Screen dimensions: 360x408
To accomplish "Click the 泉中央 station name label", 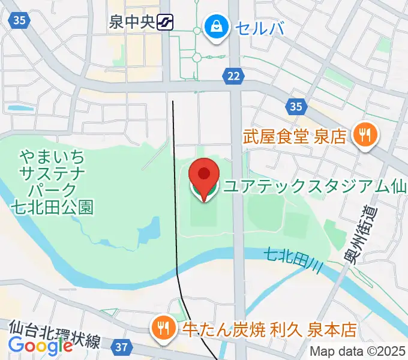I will (132, 23).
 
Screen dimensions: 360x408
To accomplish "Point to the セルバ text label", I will (259, 27).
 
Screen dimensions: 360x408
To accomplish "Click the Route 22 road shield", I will (234, 75).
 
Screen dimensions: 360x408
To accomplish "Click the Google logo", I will (40, 346).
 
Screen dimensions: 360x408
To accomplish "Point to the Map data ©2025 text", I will (356, 352).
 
